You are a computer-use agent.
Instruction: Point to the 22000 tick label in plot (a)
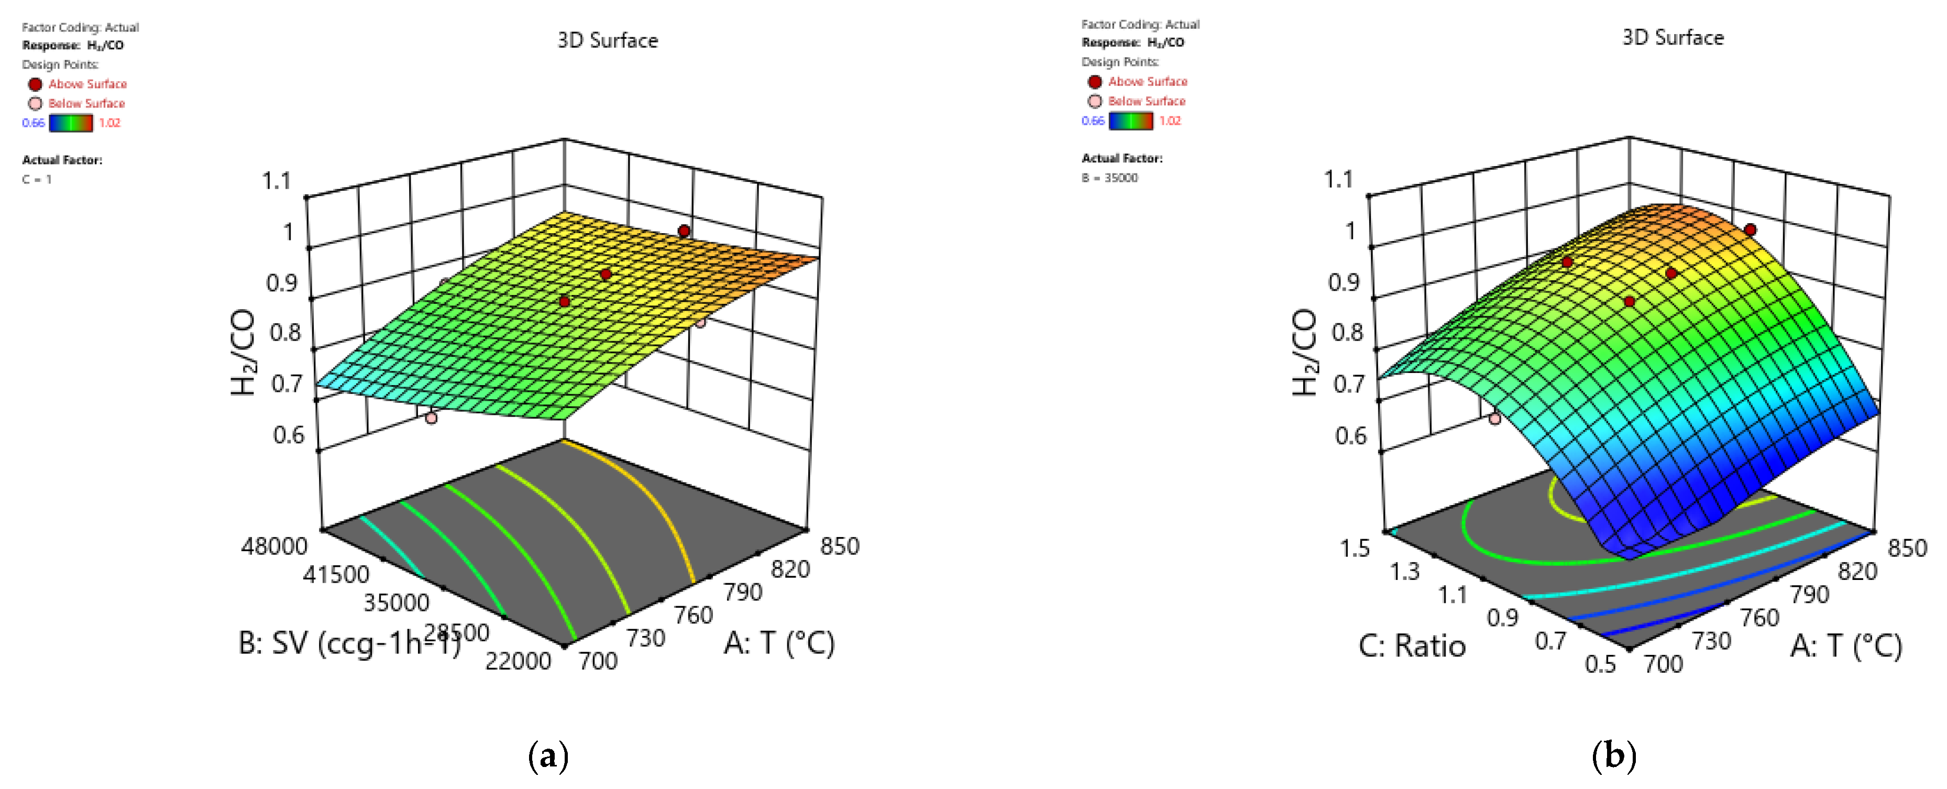point(519,661)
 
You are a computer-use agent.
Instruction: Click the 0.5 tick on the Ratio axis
point(1600,664)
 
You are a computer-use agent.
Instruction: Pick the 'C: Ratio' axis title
point(1412,646)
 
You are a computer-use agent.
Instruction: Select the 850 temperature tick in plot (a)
point(840,546)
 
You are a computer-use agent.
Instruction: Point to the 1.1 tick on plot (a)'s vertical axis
point(276,181)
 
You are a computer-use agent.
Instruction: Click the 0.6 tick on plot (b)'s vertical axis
point(1351,435)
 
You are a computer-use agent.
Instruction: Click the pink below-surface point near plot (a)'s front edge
point(431,417)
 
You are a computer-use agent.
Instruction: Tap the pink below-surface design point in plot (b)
point(1494,418)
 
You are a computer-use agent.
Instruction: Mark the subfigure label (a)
point(548,756)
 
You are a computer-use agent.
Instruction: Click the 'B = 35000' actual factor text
point(1109,178)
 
